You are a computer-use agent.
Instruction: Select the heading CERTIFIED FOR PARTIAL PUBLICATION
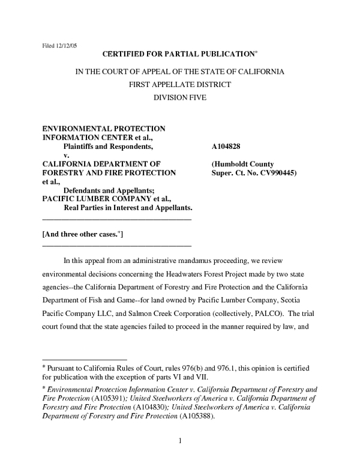tap(174, 54)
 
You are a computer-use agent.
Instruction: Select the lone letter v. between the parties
tap(66, 155)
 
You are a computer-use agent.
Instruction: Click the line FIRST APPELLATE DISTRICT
tap(180, 85)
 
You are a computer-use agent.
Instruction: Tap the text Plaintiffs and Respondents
tap(108, 146)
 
